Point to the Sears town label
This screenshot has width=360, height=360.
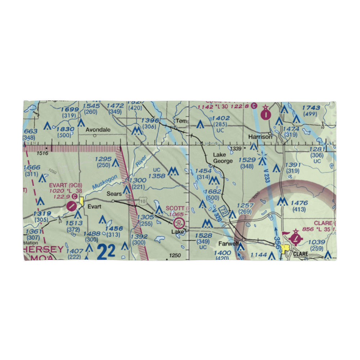click(x=114, y=194)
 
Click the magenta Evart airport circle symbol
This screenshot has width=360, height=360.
click(x=72, y=206)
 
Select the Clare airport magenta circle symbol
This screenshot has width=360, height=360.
click(x=296, y=238)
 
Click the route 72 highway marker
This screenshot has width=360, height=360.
click(x=224, y=210)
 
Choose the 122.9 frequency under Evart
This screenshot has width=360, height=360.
click(x=61, y=197)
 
